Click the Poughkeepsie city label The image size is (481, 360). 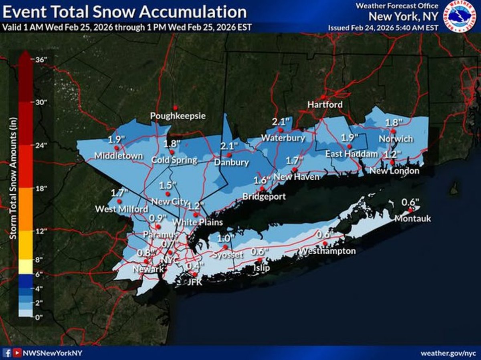178,116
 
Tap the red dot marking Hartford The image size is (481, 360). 323,97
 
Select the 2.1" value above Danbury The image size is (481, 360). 229,146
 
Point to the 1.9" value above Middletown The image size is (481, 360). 117,140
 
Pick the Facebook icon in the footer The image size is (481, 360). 7,353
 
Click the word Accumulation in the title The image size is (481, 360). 191,12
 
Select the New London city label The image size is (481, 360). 394,171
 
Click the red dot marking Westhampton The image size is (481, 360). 325,243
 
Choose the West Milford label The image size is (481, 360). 121,209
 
